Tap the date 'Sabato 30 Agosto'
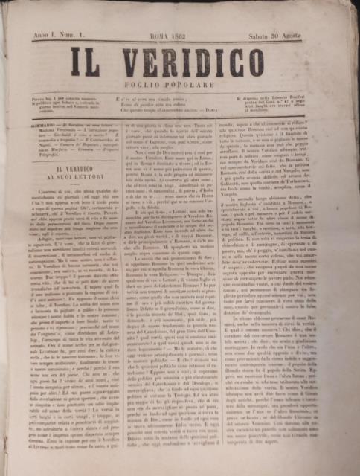(301, 33)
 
